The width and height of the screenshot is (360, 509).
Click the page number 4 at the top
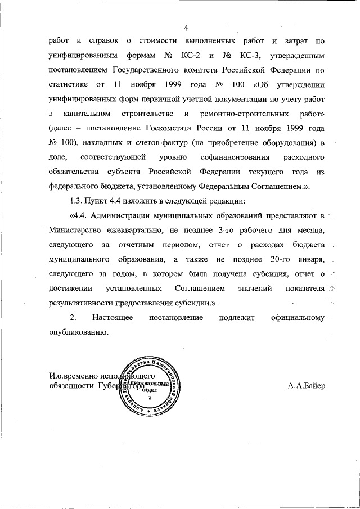[186, 28]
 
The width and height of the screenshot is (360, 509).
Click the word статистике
[70, 85]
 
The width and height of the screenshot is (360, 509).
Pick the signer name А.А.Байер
[306, 386]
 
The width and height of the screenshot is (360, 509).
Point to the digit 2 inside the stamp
[150, 398]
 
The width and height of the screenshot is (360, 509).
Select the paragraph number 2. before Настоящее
[73, 318]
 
